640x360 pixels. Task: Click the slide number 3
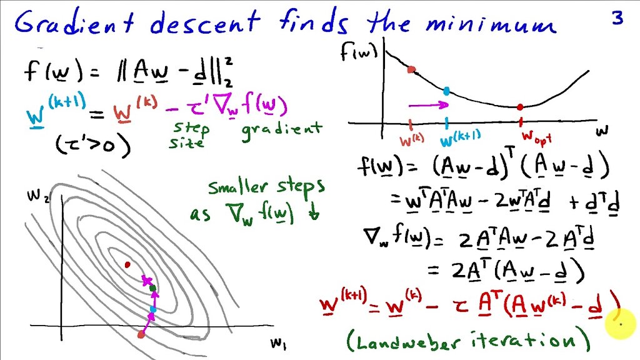[617, 19]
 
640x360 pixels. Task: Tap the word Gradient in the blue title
[74, 24]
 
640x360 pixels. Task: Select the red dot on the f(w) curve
[411, 69]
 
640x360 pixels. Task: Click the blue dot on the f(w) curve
[446, 91]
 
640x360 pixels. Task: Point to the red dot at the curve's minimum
[519, 107]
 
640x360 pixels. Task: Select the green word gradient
[282, 129]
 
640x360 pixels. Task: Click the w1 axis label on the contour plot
[277, 342]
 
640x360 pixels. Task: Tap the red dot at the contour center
[127, 265]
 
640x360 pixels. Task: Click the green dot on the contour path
[152, 287]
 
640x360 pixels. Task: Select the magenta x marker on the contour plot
[147, 281]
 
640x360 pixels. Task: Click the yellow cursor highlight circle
[619, 324]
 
